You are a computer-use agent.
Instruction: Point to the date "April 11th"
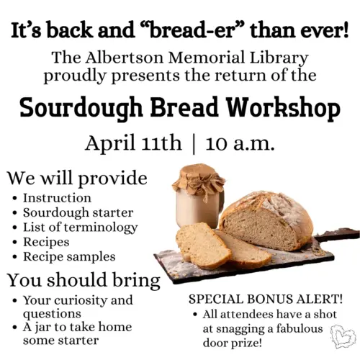[x=133, y=143]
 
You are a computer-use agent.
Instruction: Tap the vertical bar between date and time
[x=193, y=143]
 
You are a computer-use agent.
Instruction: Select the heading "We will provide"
[x=77, y=177]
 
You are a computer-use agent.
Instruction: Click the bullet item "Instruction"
[x=57, y=197]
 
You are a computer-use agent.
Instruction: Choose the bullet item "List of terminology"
[x=80, y=227]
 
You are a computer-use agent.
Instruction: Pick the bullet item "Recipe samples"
[x=69, y=256]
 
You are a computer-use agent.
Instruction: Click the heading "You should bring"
[x=84, y=279]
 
